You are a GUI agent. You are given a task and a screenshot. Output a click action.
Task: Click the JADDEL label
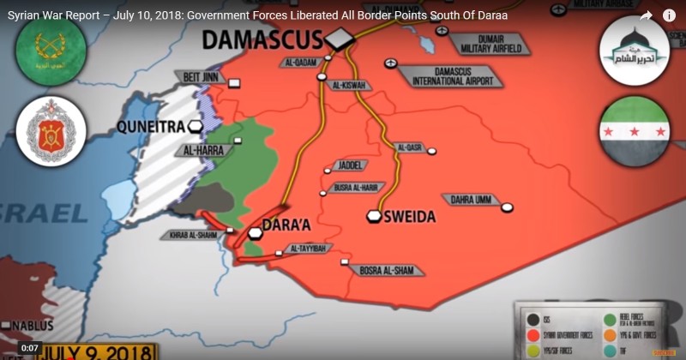pos(346,165)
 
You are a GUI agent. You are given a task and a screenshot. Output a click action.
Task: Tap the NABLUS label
pos(33,326)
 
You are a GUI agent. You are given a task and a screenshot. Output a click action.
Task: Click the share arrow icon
pos(646,15)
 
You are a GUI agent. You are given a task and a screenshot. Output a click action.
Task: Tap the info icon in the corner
pos(669,15)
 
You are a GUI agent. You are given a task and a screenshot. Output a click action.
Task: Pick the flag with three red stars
pos(635,135)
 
